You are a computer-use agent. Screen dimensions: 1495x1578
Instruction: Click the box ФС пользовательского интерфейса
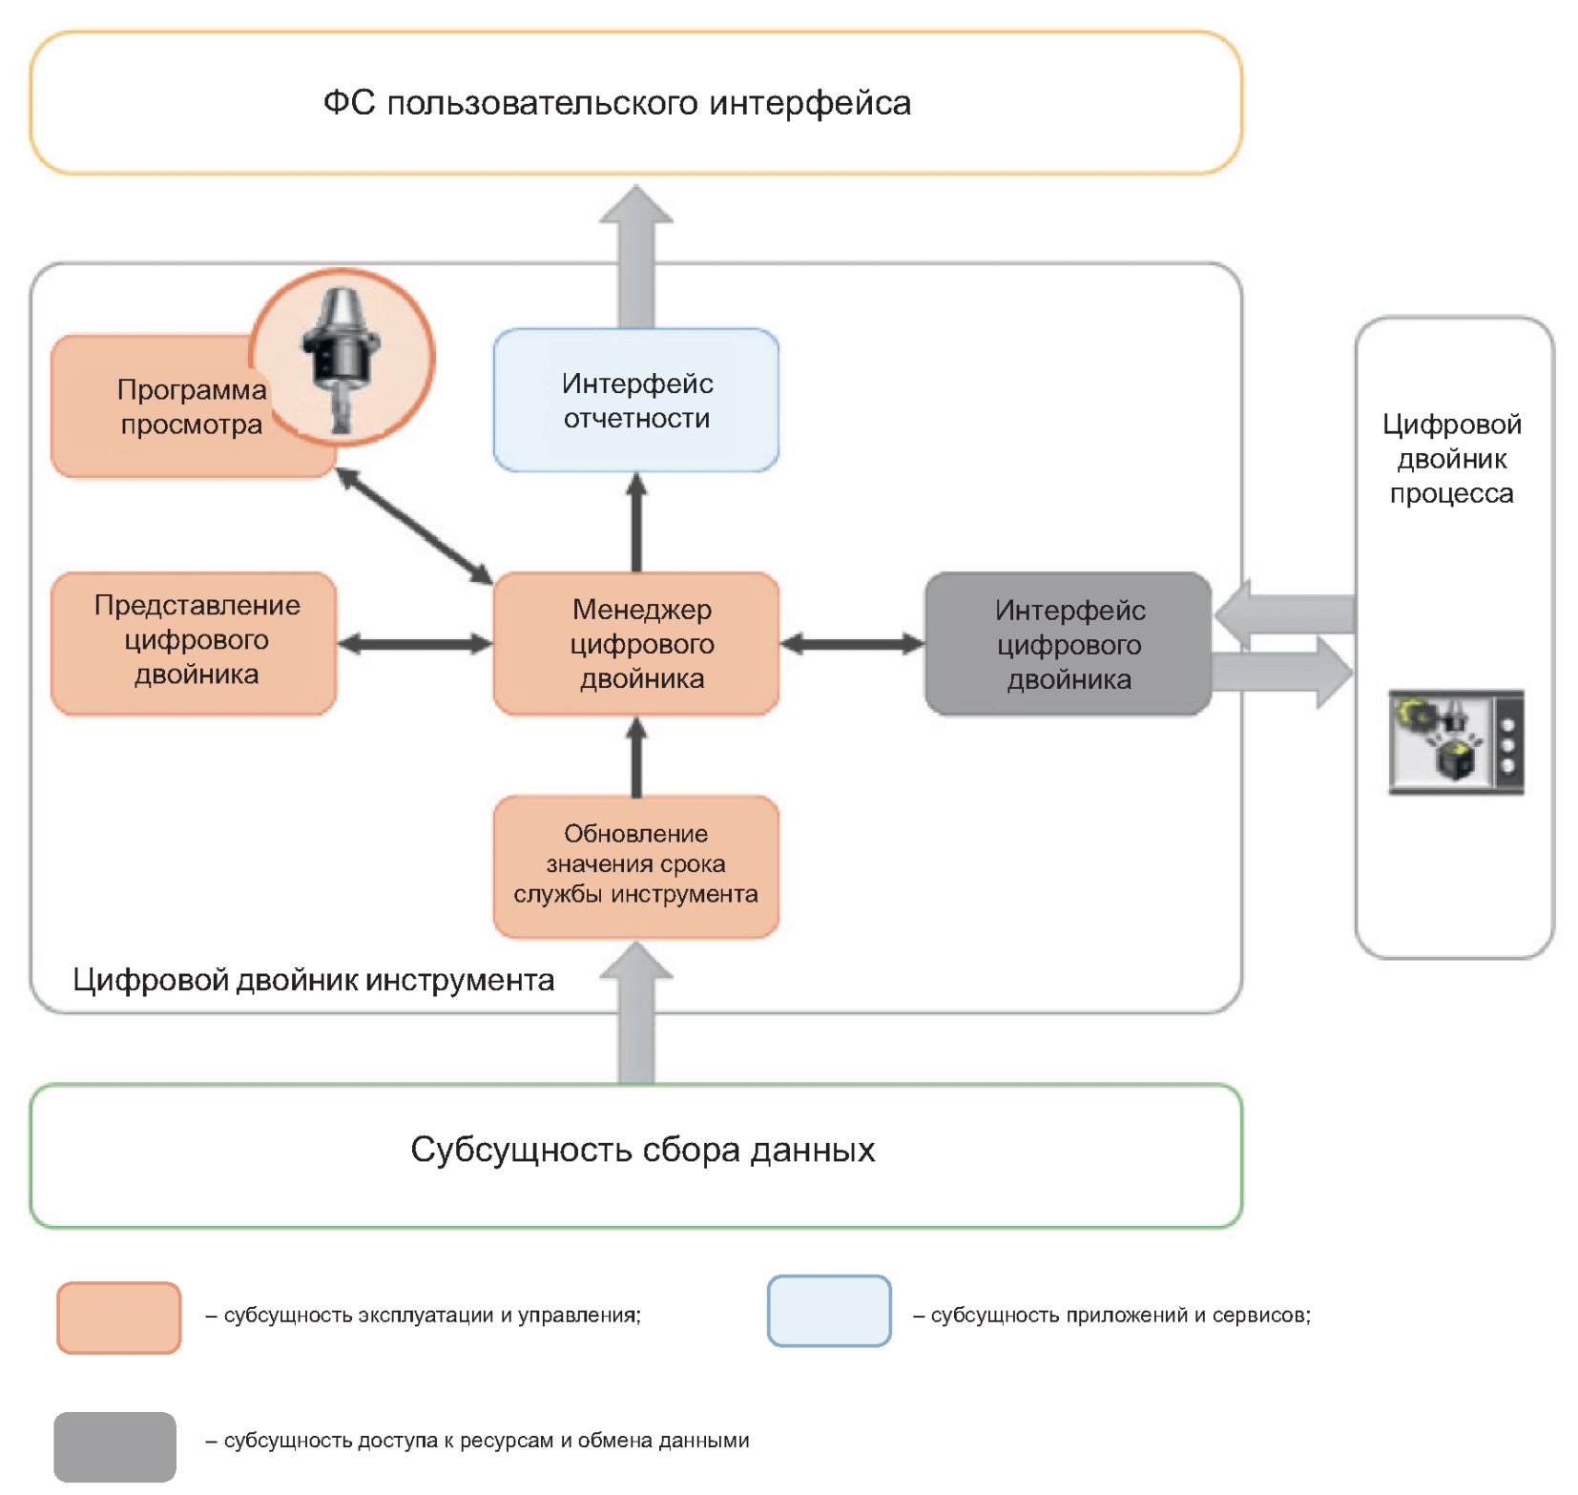[x=635, y=103]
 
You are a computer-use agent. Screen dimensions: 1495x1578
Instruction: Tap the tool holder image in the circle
[x=342, y=358]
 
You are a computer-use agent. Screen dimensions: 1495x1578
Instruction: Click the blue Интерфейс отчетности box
[x=636, y=401]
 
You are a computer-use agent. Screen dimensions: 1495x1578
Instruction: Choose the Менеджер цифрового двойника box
[x=636, y=644]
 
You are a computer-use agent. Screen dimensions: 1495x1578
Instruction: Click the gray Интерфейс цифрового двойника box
[x=1069, y=644]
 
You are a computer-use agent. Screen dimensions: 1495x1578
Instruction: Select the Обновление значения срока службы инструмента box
[x=636, y=865]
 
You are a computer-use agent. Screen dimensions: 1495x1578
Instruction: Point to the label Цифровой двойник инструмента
[x=313, y=980]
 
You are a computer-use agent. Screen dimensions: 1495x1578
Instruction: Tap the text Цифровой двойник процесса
[x=1451, y=459]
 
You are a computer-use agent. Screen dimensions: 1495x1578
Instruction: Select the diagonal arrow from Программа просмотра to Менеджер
[x=414, y=526]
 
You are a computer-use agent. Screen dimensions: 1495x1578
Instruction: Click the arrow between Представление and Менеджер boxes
[x=415, y=645]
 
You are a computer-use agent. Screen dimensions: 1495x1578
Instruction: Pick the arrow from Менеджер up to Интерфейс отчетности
[x=636, y=523]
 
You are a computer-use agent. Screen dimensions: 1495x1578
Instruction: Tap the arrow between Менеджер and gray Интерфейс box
[x=852, y=645]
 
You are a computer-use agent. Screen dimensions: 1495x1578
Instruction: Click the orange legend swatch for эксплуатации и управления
[x=119, y=1318]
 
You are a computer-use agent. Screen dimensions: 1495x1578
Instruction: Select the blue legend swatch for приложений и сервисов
[x=829, y=1311]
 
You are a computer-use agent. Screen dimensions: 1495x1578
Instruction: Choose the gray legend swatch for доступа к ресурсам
[x=114, y=1446]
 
